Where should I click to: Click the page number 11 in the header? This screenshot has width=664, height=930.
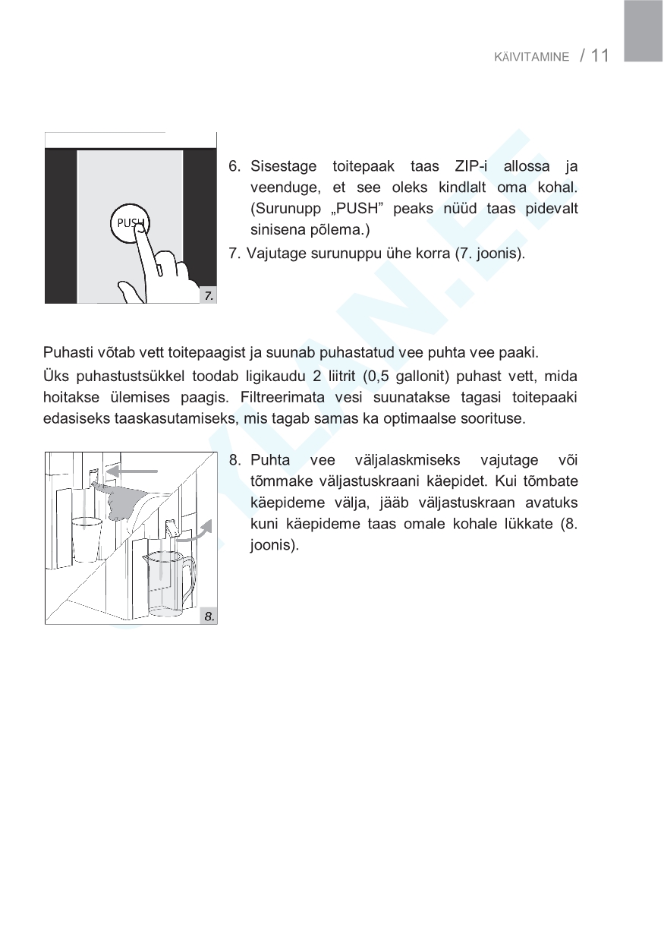coord(599,55)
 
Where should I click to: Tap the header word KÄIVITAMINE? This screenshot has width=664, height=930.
coord(531,58)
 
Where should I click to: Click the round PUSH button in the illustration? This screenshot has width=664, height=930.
coord(131,222)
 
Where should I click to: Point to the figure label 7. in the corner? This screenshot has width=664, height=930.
coord(209,296)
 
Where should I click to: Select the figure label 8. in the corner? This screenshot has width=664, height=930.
coord(209,616)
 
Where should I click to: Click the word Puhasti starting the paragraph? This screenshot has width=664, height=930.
coord(65,352)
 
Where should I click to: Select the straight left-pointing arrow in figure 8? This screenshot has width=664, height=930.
coord(132,471)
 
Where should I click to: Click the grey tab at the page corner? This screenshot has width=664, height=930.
coord(644,30)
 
